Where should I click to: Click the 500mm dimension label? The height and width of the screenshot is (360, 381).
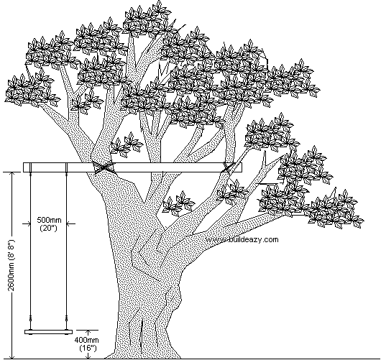click(49, 220)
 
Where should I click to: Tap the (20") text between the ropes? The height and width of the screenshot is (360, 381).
click(48, 228)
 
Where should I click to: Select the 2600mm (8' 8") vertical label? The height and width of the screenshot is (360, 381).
click(12, 265)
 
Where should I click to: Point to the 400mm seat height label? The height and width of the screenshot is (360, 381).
click(86, 340)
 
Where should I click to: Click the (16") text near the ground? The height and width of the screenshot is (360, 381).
click(88, 348)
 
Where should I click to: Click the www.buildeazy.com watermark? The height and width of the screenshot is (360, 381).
click(242, 240)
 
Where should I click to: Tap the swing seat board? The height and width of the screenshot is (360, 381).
click(49, 332)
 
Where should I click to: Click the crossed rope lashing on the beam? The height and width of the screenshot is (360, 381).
click(104, 167)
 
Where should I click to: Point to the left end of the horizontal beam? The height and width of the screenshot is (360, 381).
click(24, 167)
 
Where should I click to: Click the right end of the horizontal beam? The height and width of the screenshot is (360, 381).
click(242, 167)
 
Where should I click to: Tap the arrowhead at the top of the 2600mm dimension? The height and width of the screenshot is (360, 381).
click(12, 174)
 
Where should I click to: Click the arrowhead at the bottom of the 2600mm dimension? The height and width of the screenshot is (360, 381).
click(12, 356)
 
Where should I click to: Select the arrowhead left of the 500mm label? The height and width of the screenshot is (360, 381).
click(28, 223)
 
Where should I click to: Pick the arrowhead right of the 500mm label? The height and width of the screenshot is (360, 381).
click(69, 223)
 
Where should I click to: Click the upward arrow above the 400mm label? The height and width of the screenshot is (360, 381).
click(88, 332)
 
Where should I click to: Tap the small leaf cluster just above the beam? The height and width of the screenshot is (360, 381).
click(126, 144)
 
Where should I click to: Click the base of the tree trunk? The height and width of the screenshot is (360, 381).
click(143, 354)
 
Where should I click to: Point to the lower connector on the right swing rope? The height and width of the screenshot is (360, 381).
click(66, 318)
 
